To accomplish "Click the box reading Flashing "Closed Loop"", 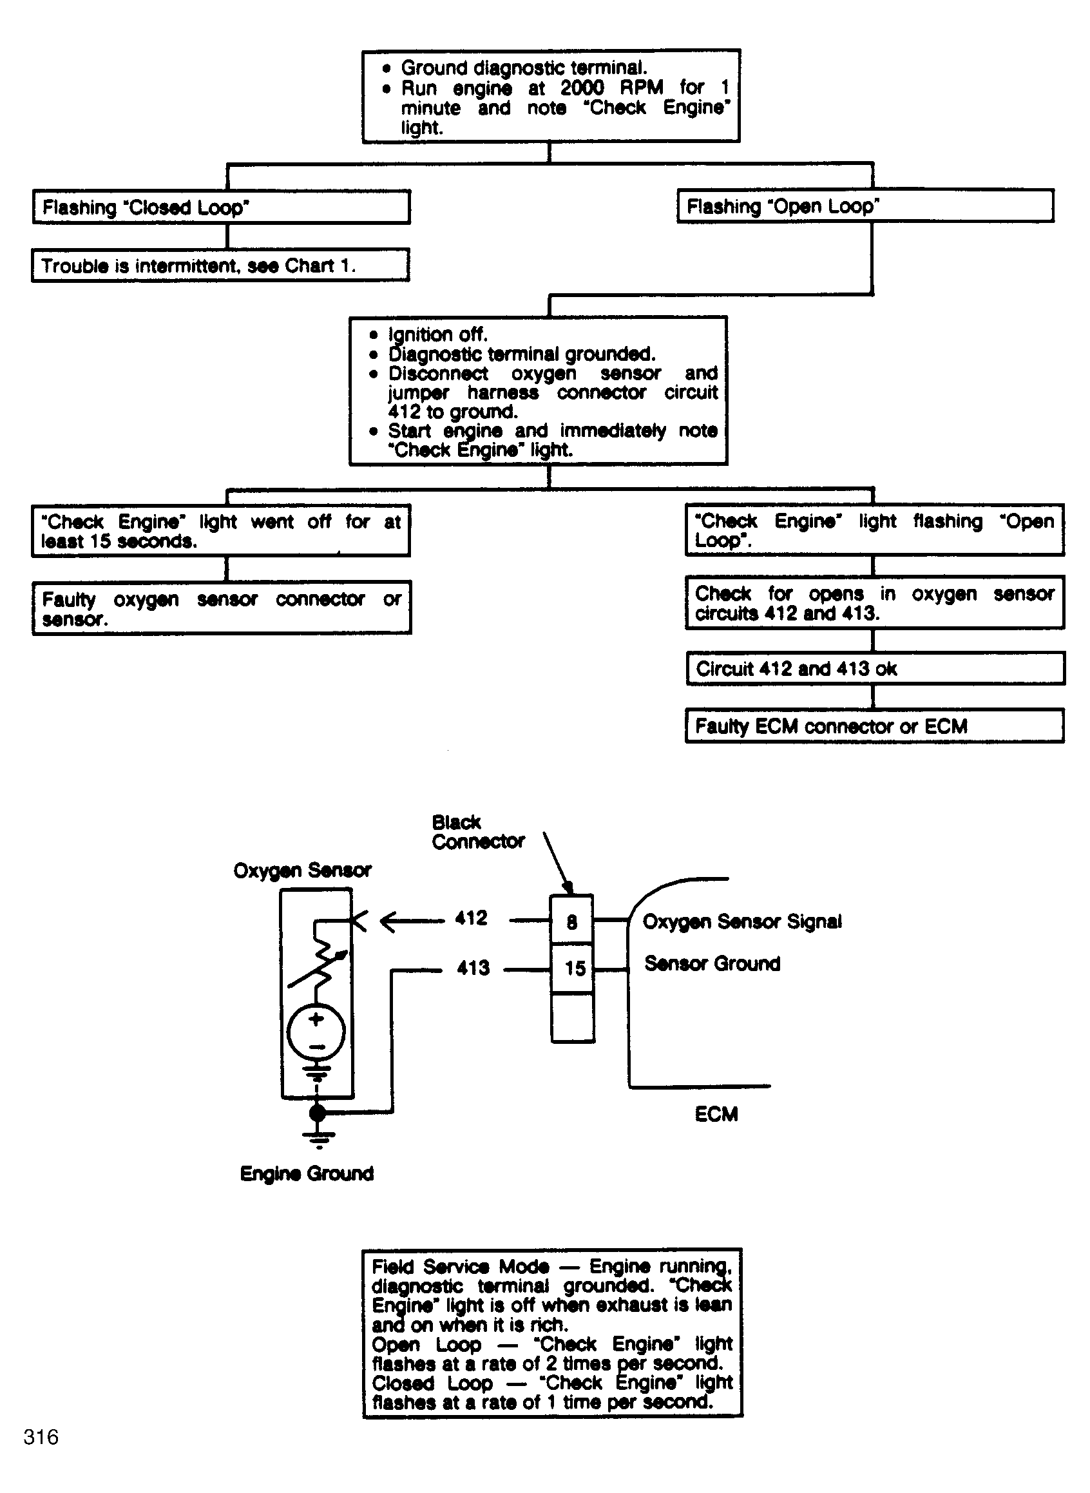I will (221, 207).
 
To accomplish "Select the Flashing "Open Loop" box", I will (865, 206).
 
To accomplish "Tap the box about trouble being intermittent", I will (220, 265).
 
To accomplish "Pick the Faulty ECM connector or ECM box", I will (874, 726).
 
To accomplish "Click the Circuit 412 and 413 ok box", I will (875, 669).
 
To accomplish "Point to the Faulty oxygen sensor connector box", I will (222, 608).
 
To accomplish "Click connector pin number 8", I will (572, 921).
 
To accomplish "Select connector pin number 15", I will (575, 968).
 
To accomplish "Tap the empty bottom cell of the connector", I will (573, 1017).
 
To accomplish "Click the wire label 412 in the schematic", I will (471, 918).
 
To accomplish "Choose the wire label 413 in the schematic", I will (473, 968).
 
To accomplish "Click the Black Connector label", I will (478, 832).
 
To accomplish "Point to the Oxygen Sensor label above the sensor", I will (302, 871).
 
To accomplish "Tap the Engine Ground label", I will (307, 1173).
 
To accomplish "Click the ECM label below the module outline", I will (716, 1114).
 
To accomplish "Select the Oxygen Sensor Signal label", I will (741, 921).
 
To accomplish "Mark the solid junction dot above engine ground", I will (318, 1113).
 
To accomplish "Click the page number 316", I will (41, 1437).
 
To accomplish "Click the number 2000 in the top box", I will (582, 88).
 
